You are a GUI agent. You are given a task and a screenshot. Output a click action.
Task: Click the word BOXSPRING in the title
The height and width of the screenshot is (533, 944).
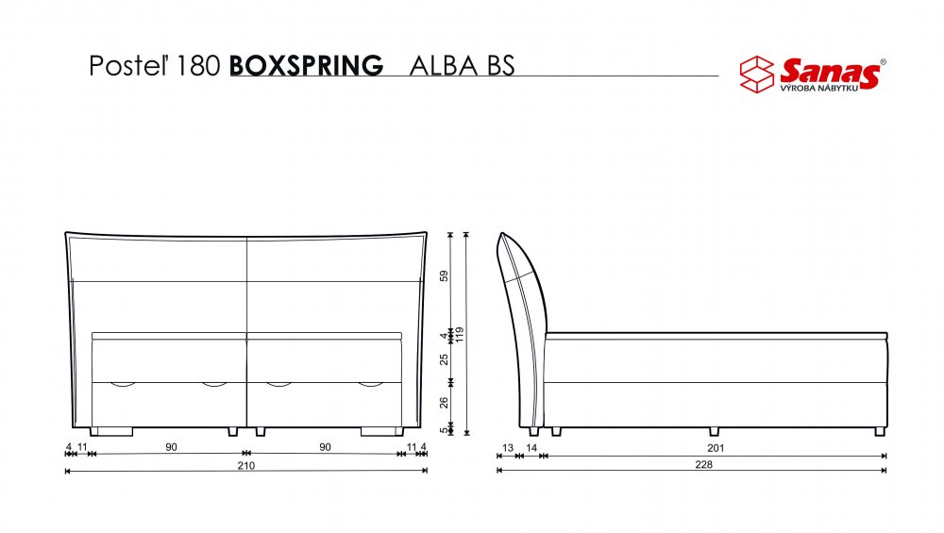pyautogui.click(x=306, y=66)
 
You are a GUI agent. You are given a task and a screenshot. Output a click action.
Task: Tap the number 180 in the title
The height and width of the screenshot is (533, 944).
pyautogui.click(x=198, y=66)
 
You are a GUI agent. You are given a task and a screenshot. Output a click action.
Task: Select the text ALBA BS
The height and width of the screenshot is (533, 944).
pyautogui.click(x=462, y=66)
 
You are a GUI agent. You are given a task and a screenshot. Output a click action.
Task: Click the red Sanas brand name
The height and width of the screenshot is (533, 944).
pyautogui.click(x=830, y=71)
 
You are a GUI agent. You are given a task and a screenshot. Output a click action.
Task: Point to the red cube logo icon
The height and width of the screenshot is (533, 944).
pyautogui.click(x=757, y=75)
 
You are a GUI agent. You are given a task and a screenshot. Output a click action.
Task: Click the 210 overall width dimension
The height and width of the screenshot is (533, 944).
pyautogui.click(x=245, y=465)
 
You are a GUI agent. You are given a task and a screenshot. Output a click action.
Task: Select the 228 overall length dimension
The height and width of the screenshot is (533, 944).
pyautogui.click(x=703, y=464)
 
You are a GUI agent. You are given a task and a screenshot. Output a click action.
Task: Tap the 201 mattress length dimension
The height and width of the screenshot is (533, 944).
pyautogui.click(x=716, y=447)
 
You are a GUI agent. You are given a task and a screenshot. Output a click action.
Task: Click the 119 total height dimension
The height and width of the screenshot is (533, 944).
pyautogui.click(x=460, y=335)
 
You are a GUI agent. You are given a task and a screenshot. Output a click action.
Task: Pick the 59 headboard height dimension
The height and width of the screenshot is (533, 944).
pyautogui.click(x=445, y=276)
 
